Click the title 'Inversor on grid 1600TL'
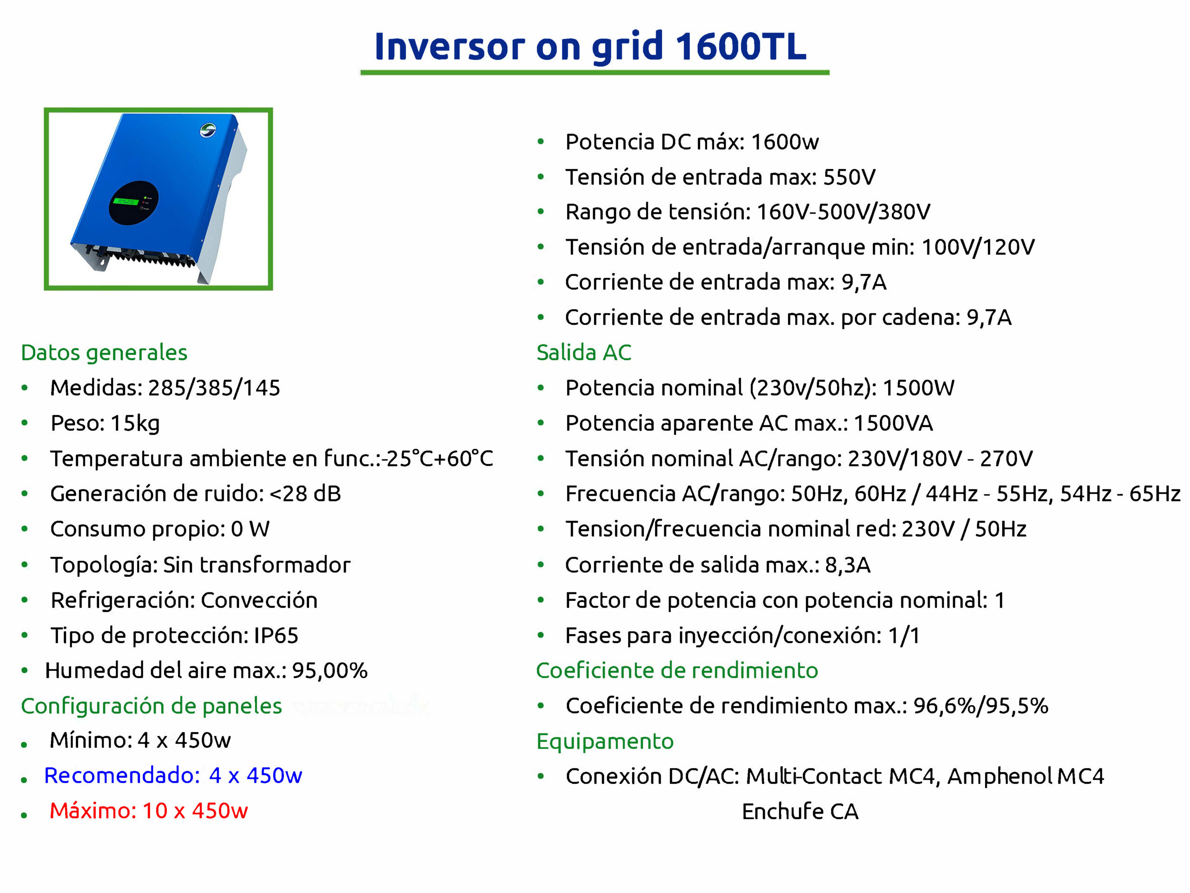[590, 46]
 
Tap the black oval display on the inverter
[133, 203]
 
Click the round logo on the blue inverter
[208, 130]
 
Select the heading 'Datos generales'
[104, 353]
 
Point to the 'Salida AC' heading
[584, 353]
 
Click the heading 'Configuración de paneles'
[151, 706]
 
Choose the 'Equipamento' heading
[605, 742]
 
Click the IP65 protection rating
[276, 636]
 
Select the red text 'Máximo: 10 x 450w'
[148, 811]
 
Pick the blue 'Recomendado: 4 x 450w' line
[173, 775]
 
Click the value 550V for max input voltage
[849, 177]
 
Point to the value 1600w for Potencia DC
[785, 142]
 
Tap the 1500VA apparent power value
[893, 423]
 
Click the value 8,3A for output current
[847, 565]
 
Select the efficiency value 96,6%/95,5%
[981, 706]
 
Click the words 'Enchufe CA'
[800, 812]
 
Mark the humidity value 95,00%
[330, 671]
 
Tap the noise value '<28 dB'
[305, 493]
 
